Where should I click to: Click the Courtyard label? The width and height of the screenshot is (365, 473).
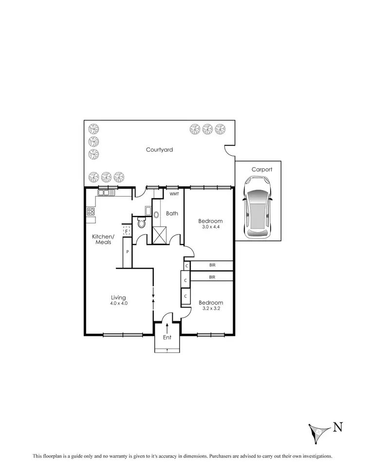(x=159, y=150)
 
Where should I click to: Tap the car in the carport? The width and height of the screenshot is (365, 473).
(x=258, y=207)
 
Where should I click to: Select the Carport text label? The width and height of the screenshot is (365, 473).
(x=262, y=170)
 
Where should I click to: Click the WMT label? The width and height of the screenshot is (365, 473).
(x=174, y=194)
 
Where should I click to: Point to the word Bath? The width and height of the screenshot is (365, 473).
(x=172, y=213)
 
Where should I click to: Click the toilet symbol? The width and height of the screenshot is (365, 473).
(x=142, y=223)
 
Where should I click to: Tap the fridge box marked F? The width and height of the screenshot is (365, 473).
(x=126, y=230)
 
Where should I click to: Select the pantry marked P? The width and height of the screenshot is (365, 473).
(x=127, y=252)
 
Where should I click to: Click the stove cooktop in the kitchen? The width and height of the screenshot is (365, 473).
(x=91, y=212)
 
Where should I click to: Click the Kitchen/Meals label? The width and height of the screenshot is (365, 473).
(x=102, y=239)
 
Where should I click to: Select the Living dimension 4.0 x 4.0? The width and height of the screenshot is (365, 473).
(x=119, y=303)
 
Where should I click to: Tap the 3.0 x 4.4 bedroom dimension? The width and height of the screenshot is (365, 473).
(x=211, y=227)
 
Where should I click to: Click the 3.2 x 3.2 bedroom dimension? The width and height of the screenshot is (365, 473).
(x=211, y=308)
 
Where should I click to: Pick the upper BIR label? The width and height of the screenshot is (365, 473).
(x=212, y=265)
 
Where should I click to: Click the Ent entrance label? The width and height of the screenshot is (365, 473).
(x=167, y=337)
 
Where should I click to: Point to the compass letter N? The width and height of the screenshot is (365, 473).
(x=337, y=428)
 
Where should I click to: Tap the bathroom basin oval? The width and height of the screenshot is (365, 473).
(x=156, y=215)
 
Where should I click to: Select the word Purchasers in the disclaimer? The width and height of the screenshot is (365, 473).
(x=227, y=456)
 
